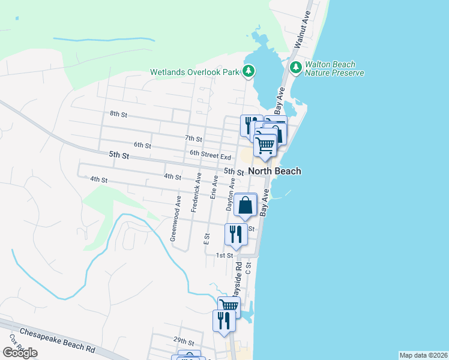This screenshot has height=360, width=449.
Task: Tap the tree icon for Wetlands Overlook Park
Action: click(248, 72)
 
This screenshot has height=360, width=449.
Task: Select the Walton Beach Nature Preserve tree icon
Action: click(295, 67)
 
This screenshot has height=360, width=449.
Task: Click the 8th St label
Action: click(118, 113)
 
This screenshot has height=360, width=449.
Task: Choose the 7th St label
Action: click(193, 139)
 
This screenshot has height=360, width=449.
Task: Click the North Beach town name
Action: click(274, 171)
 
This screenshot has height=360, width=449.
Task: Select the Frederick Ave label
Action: click(194, 193)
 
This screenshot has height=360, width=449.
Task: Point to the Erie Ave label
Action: click(213, 188)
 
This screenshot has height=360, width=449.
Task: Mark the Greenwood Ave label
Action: click(176, 218)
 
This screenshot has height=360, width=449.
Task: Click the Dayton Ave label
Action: click(229, 193)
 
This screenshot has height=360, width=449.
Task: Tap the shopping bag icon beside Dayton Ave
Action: click(246, 205)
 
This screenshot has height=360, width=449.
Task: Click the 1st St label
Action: click(224, 256)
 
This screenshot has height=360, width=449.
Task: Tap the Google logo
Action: click(19, 353)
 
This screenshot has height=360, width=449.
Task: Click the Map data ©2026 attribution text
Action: click(423, 355)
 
